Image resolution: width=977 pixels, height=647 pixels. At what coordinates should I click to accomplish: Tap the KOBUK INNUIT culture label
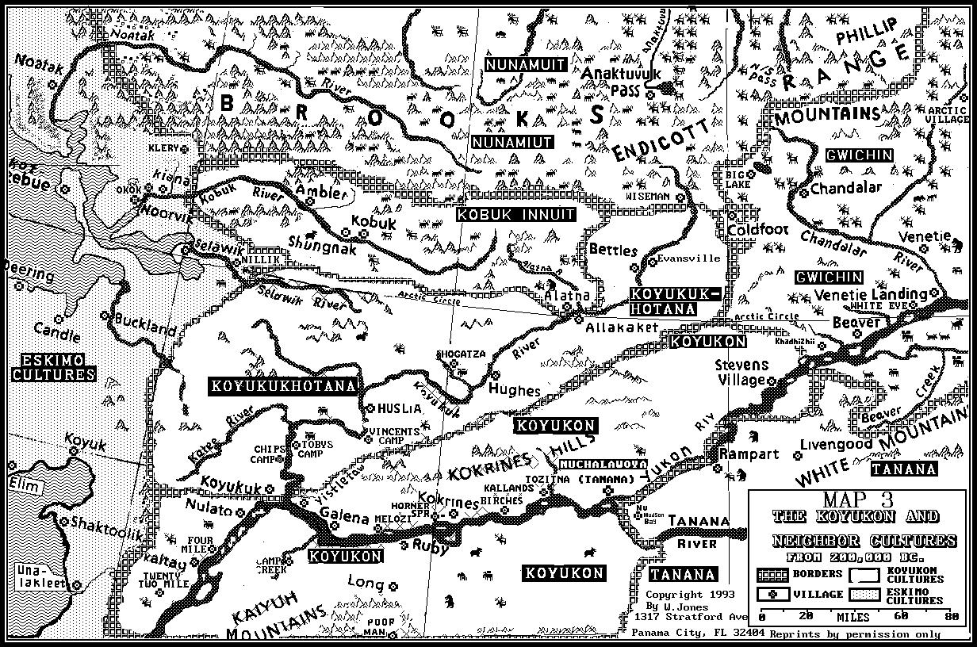point(515,214)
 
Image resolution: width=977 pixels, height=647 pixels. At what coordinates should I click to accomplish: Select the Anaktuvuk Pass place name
point(621,80)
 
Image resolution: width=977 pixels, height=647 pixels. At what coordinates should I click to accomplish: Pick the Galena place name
point(344,518)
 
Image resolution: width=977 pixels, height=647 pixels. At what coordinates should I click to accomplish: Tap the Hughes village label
point(514,390)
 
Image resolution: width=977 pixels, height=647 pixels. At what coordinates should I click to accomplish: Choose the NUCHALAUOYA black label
point(603,464)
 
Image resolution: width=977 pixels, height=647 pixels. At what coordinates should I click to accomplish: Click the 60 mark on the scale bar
point(902,616)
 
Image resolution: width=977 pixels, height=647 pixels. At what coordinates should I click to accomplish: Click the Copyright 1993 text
point(689,594)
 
